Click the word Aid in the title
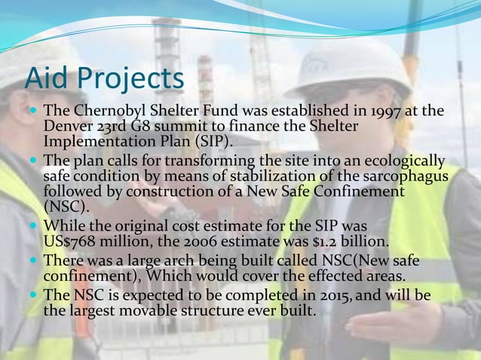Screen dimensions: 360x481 tap(47, 78)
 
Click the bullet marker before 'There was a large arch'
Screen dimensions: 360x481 tap(35, 261)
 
